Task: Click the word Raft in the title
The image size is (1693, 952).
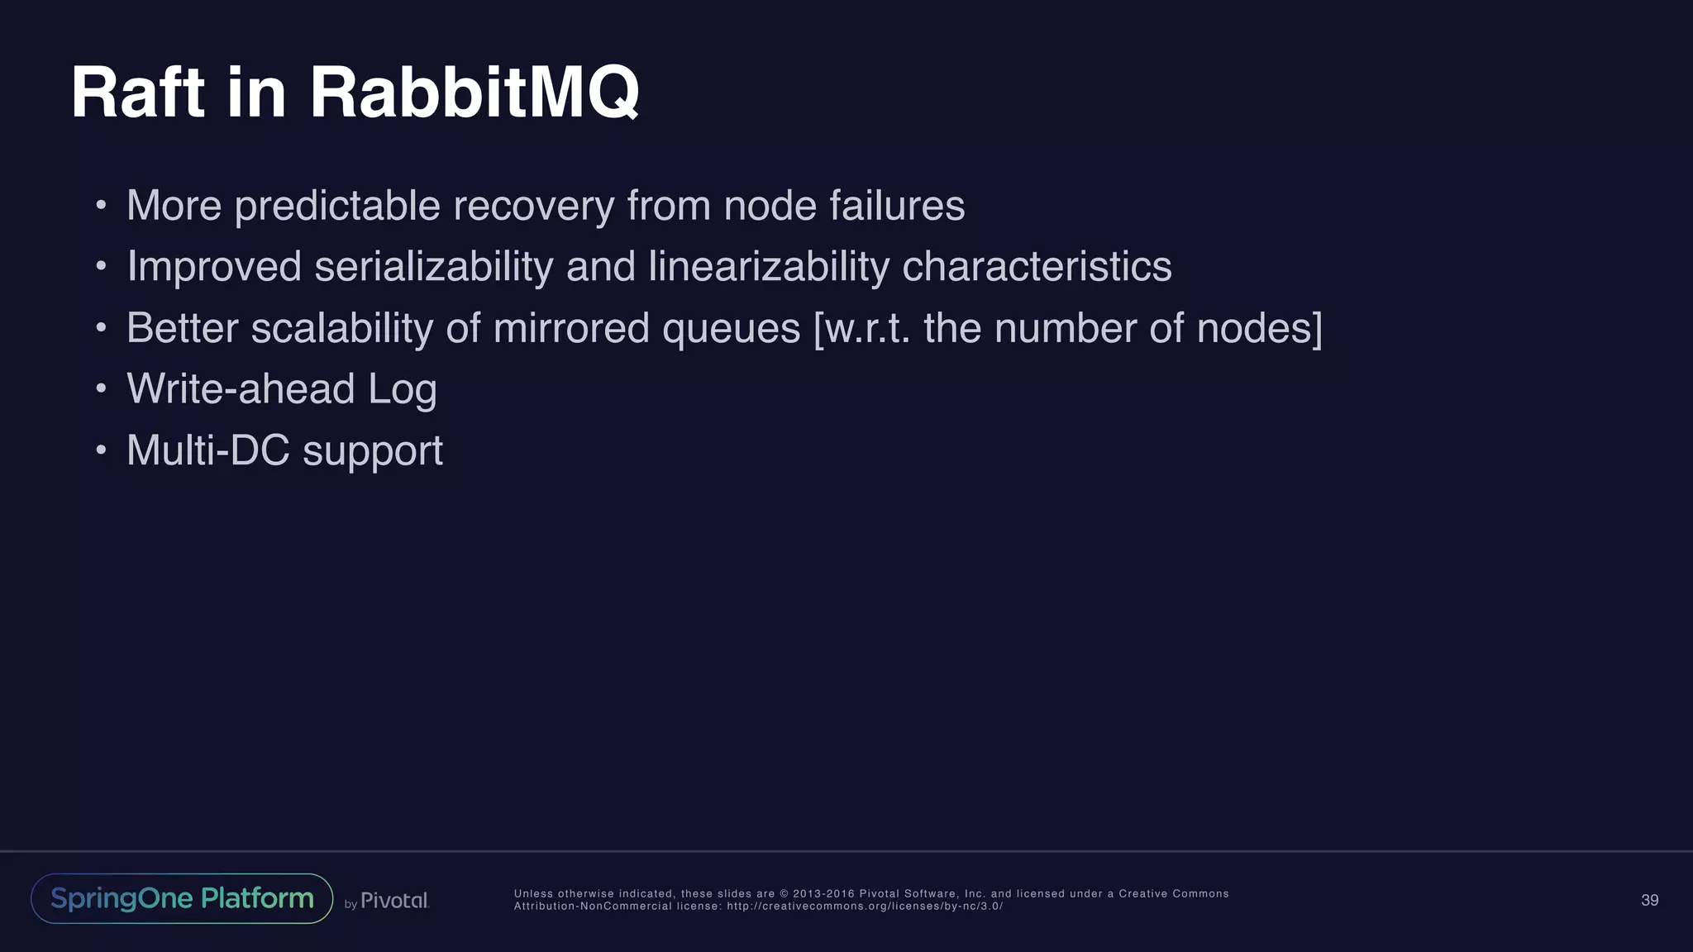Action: [137, 93]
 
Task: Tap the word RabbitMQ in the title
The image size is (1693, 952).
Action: [475, 93]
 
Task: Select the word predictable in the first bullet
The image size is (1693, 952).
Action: [337, 207]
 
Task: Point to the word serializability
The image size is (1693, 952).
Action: [433, 268]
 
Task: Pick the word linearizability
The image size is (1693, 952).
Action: [769, 268]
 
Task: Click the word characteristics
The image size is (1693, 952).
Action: [1037, 267]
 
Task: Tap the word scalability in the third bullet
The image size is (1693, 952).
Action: [341, 329]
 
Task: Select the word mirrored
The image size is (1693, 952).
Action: [571, 328]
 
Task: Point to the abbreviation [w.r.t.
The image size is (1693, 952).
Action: [862, 329]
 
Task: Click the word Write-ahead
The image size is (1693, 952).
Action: [241, 389]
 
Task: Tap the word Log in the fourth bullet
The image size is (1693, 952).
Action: [402, 391]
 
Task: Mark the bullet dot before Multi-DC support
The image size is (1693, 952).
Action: [101, 450]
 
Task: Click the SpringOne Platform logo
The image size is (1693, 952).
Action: [182, 898]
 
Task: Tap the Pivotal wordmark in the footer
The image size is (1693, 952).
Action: [394, 901]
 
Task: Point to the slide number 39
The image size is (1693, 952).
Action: [1649, 900]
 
